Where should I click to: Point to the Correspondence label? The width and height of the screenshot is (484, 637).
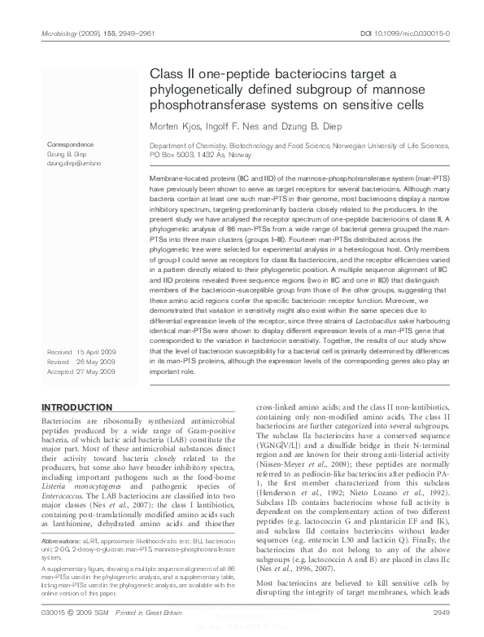pyautogui.click(x=70, y=144)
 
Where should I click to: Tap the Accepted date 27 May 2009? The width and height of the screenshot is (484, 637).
pyautogui.click(x=103, y=371)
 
